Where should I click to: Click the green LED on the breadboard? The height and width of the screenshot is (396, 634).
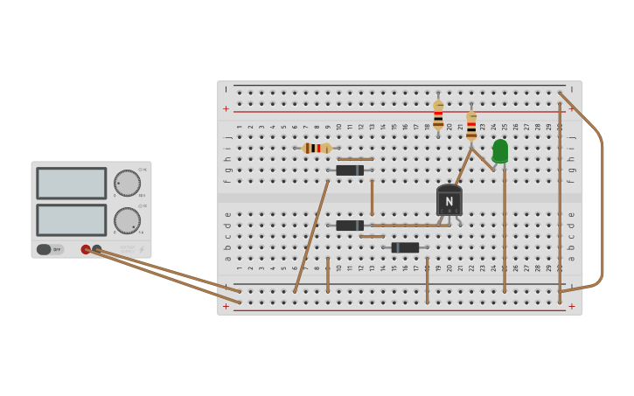(x=500, y=151)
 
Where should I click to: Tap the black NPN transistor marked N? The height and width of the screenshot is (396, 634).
(x=449, y=200)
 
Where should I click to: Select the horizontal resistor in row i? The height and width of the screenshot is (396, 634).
(x=317, y=148)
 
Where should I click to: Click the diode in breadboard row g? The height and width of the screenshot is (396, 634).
(x=350, y=170)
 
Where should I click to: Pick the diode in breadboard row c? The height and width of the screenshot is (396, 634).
(x=350, y=226)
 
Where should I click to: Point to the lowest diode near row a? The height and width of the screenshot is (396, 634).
(x=405, y=247)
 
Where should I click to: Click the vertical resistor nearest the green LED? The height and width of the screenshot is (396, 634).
(x=471, y=125)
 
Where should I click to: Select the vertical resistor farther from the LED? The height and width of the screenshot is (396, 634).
(x=438, y=115)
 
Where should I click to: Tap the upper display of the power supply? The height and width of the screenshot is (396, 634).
(x=71, y=184)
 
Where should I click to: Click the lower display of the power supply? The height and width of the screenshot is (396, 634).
(x=71, y=220)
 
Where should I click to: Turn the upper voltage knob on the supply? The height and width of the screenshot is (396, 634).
(x=127, y=183)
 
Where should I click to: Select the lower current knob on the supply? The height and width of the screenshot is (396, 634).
(x=127, y=220)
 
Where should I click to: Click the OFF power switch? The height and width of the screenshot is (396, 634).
(x=49, y=249)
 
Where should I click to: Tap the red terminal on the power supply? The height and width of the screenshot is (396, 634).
(x=86, y=249)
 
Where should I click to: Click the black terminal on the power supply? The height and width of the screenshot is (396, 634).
(x=96, y=249)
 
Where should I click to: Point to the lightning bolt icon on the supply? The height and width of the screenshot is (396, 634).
(x=142, y=250)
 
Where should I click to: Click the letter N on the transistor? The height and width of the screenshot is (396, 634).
(x=449, y=202)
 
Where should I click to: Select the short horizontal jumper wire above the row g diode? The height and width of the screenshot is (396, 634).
(x=356, y=159)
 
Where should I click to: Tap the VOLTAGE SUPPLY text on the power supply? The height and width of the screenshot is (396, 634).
(x=127, y=250)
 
